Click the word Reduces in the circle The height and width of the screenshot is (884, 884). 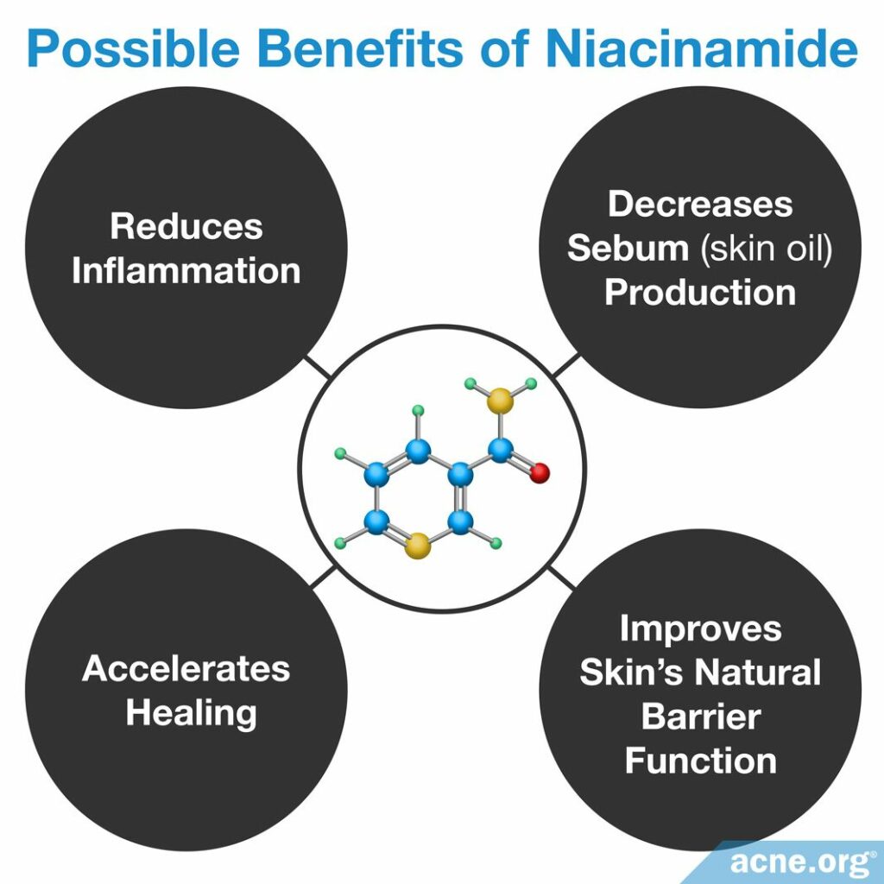(x=186, y=226)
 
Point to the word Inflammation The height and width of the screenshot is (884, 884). (x=186, y=270)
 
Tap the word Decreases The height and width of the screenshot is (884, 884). (x=700, y=204)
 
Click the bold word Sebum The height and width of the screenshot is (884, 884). (x=627, y=248)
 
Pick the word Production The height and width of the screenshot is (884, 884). (x=700, y=292)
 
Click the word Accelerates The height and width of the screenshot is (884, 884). (x=186, y=669)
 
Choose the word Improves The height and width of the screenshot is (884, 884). (x=700, y=628)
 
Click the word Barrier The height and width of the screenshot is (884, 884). (x=700, y=717)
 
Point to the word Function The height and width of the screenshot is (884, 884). (x=700, y=761)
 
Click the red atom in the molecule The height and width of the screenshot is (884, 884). (x=540, y=472)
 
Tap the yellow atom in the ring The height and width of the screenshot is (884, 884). (x=417, y=545)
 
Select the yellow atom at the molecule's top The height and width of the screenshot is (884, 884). (x=500, y=401)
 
